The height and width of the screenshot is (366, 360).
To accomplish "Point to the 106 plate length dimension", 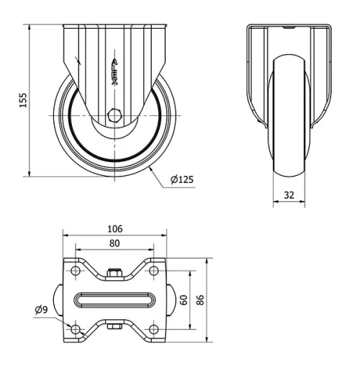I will point(114,228).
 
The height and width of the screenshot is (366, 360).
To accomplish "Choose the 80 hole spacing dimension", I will point(114,243).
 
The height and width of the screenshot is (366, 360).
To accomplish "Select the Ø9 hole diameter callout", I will point(42,311).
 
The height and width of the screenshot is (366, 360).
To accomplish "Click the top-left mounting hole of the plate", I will point(75,272).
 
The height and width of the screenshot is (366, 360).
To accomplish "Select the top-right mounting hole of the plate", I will point(153,272).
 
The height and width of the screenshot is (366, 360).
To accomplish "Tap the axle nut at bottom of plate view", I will point(114,327).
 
